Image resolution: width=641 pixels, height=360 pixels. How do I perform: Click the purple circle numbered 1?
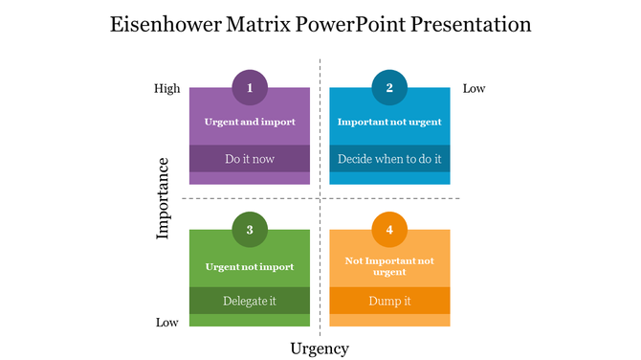point(250,88)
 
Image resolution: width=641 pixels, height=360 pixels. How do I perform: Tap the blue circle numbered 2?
point(389,88)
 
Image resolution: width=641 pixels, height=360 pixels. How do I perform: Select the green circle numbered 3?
point(250,230)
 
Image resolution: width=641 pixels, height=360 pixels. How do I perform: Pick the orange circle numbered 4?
point(389,230)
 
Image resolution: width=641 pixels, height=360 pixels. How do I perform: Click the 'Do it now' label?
point(250,159)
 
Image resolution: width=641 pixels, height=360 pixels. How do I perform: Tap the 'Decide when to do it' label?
point(389,159)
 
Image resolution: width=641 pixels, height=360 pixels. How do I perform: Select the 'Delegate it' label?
point(250,301)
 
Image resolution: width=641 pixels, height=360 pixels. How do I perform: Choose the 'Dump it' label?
point(389,301)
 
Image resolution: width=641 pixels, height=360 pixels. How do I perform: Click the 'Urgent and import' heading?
point(250,123)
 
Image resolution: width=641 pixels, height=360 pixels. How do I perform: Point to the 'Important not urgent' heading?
point(389,123)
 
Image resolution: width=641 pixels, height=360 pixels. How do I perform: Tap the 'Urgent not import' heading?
point(250,267)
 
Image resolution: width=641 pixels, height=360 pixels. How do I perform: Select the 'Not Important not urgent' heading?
point(389,266)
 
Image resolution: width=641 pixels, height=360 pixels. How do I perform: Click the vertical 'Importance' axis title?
point(164,197)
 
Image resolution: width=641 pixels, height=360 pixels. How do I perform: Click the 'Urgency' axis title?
point(320,349)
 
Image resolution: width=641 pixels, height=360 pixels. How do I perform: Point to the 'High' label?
point(167,89)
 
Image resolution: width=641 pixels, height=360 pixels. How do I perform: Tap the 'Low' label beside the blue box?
point(475,89)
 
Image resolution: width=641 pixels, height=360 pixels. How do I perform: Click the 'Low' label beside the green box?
point(167,323)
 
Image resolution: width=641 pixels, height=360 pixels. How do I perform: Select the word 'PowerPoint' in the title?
point(355,25)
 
